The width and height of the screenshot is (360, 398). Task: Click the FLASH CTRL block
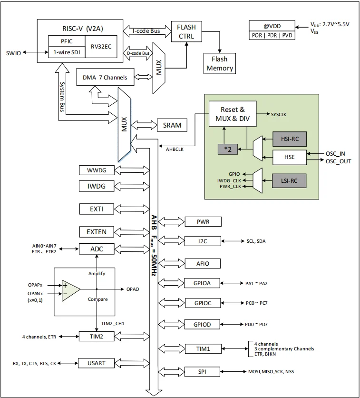pos(186,31)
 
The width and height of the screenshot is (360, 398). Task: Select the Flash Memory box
pos(220,64)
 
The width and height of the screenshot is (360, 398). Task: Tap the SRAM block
pos(171,125)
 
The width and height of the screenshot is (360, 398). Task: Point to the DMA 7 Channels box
pos(105,77)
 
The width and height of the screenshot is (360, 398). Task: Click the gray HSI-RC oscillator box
pos(289,139)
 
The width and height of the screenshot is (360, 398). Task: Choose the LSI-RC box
pos(289,180)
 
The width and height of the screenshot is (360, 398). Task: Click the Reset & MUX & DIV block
pos(232,114)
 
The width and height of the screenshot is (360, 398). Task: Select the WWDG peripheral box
pos(96,170)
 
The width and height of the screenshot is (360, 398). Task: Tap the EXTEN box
pos(96,232)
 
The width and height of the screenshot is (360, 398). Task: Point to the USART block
pos(96,363)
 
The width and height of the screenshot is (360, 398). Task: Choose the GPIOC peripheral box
pos(203,303)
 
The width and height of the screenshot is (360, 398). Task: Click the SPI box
pos(203,371)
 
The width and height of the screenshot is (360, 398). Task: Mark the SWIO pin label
pos(13,52)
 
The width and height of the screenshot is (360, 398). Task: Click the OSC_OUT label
pos(338,161)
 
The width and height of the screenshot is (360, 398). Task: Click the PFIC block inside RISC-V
pos(66,41)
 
